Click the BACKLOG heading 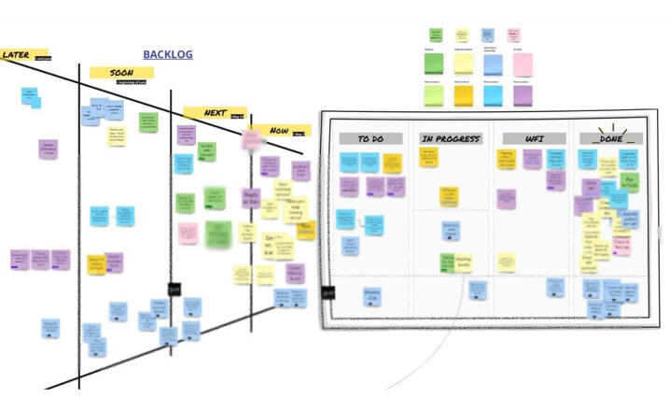coord(168,55)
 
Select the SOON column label coord(121,72)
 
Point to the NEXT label coord(215,113)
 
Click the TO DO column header coord(370,138)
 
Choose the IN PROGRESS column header coord(451,138)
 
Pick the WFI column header coord(535,138)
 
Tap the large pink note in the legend coord(522,64)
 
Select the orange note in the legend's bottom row coord(464,95)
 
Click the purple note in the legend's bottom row coord(522,95)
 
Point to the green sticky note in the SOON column coord(148,122)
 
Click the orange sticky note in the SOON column coord(95,263)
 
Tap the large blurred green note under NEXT coord(218,232)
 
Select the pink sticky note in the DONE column coord(621,246)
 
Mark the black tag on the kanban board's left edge coord(328,292)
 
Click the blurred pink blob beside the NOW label coord(251,140)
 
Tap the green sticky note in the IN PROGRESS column coord(449,261)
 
